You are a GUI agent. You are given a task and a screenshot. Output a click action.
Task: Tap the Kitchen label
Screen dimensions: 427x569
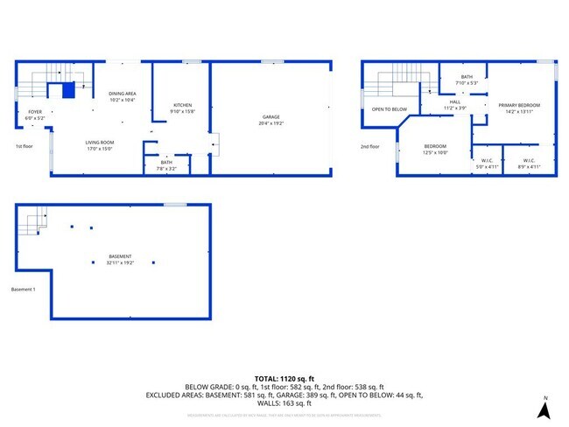coord(182,106)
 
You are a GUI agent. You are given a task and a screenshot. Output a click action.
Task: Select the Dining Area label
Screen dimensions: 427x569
coord(122,94)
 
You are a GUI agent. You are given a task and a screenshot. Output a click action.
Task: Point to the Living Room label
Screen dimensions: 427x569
coord(99,143)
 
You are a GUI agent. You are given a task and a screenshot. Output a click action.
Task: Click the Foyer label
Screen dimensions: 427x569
coord(34,112)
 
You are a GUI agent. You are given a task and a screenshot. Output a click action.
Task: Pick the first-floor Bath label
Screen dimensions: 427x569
coord(165,163)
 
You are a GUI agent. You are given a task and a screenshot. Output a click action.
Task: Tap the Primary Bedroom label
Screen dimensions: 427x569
coord(519,106)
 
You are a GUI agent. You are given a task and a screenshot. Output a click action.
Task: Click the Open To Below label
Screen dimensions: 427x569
coord(389,109)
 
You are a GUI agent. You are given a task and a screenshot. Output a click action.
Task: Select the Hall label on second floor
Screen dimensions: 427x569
coord(454,102)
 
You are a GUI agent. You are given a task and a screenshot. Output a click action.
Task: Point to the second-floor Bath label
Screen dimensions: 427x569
coord(467,78)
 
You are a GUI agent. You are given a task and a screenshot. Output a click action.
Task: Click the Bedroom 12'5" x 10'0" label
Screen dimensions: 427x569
coord(435,146)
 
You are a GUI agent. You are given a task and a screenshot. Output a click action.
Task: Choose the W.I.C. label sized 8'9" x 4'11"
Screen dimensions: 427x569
coord(529,161)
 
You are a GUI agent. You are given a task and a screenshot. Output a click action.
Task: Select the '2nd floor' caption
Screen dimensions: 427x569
coord(369,146)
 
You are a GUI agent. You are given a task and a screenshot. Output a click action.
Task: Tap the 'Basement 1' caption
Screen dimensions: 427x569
coord(23,290)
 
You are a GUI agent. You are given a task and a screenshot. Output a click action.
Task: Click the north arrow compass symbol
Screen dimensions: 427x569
coord(544,407)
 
